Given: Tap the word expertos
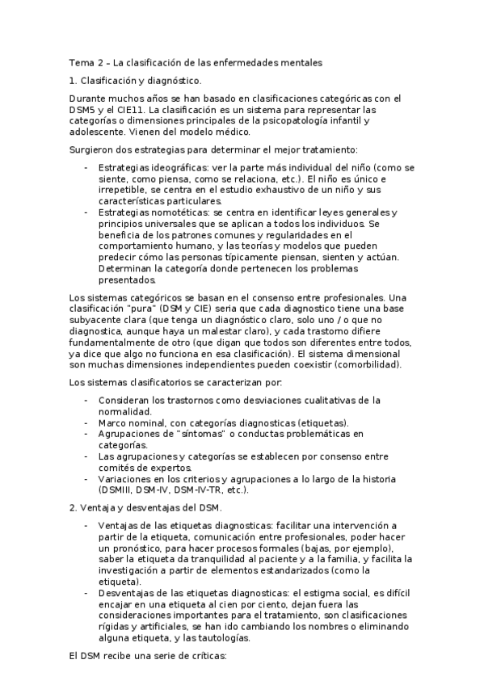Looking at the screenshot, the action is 170,468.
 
